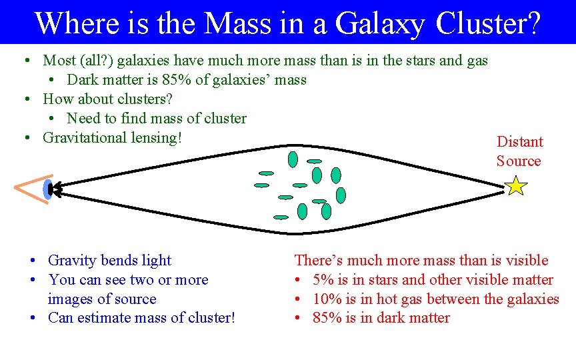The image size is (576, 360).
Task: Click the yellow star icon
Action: pyautogui.click(x=517, y=185)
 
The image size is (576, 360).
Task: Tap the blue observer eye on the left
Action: pyautogui.click(x=47, y=189)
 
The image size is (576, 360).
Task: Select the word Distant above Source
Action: pyautogui.click(x=520, y=141)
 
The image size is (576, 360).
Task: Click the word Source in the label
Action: pyautogui.click(x=519, y=161)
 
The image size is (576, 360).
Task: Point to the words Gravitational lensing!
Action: pyautogui.click(x=112, y=138)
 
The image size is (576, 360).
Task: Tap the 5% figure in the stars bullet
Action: pyautogui.click(x=322, y=280)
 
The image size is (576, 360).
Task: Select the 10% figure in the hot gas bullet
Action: pyautogui.click(x=326, y=299)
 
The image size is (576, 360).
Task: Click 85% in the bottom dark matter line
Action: pyautogui.click(x=326, y=318)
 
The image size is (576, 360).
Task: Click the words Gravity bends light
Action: pyautogui.click(x=109, y=261)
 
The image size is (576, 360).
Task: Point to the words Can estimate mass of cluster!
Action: pyautogui.click(x=141, y=318)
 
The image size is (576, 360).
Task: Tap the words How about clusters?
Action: pyautogui.click(x=107, y=99)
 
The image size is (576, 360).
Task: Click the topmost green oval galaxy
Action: pyautogui.click(x=293, y=159)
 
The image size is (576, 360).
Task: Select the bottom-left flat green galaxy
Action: pyautogui.click(x=281, y=217)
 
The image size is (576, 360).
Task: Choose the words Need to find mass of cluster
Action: pyautogui.click(x=157, y=119)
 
